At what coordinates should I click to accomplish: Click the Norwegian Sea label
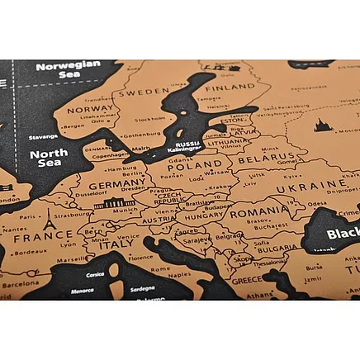69,70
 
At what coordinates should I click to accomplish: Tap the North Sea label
48,158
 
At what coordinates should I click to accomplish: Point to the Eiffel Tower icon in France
49,219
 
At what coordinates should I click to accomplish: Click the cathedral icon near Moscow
321,125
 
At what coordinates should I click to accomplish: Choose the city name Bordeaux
30,252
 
